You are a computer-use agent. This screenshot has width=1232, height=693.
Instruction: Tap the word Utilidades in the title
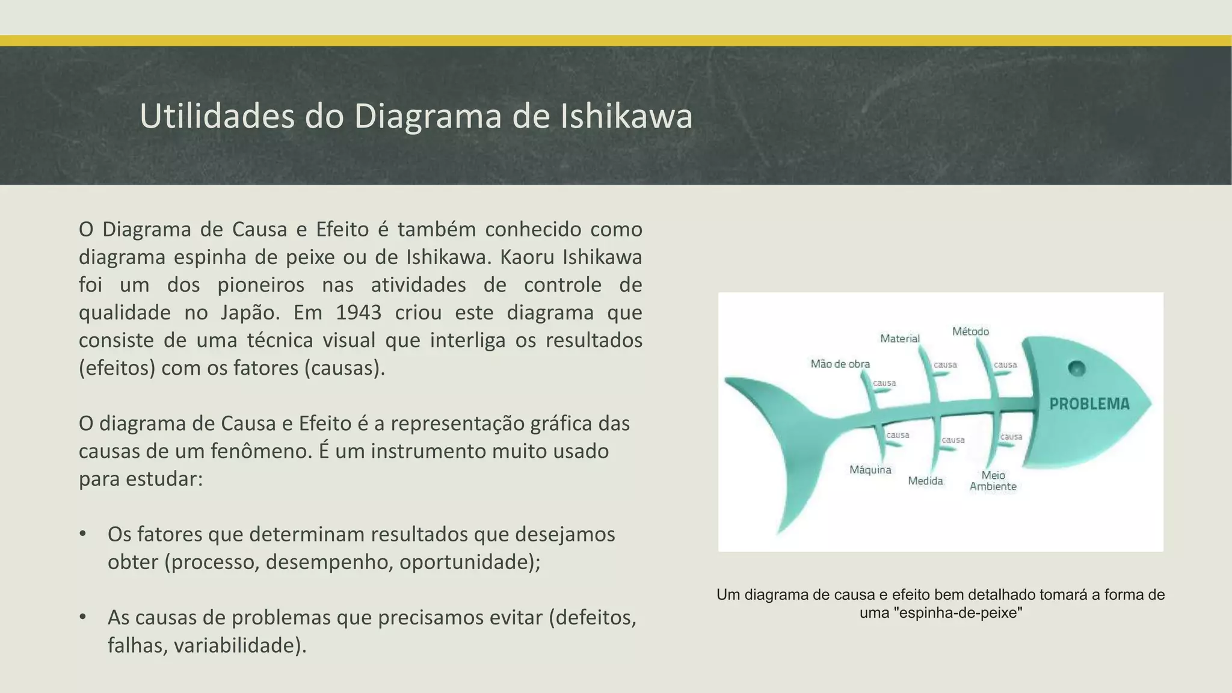coord(217,116)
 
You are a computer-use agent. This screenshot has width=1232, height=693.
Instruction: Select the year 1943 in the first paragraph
coord(359,313)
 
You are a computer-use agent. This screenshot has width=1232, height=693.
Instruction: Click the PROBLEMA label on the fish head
coord(1089,404)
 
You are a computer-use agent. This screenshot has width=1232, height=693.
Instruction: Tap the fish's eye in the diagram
coord(1077,368)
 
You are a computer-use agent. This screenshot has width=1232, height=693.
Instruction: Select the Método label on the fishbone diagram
coord(970,331)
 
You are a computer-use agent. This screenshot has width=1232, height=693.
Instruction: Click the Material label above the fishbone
coord(900,339)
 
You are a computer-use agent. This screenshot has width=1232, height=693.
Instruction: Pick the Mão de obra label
coord(840,364)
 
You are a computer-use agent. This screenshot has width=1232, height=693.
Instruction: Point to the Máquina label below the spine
coord(870,470)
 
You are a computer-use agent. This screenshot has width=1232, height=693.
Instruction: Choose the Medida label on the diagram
coord(925,481)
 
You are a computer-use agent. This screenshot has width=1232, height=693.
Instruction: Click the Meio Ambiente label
coord(993,481)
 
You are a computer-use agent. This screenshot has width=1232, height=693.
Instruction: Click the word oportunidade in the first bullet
coord(467,562)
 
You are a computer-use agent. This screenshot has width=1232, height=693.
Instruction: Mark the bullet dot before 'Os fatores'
coord(83,534)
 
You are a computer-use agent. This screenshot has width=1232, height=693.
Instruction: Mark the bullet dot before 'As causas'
coord(83,617)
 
